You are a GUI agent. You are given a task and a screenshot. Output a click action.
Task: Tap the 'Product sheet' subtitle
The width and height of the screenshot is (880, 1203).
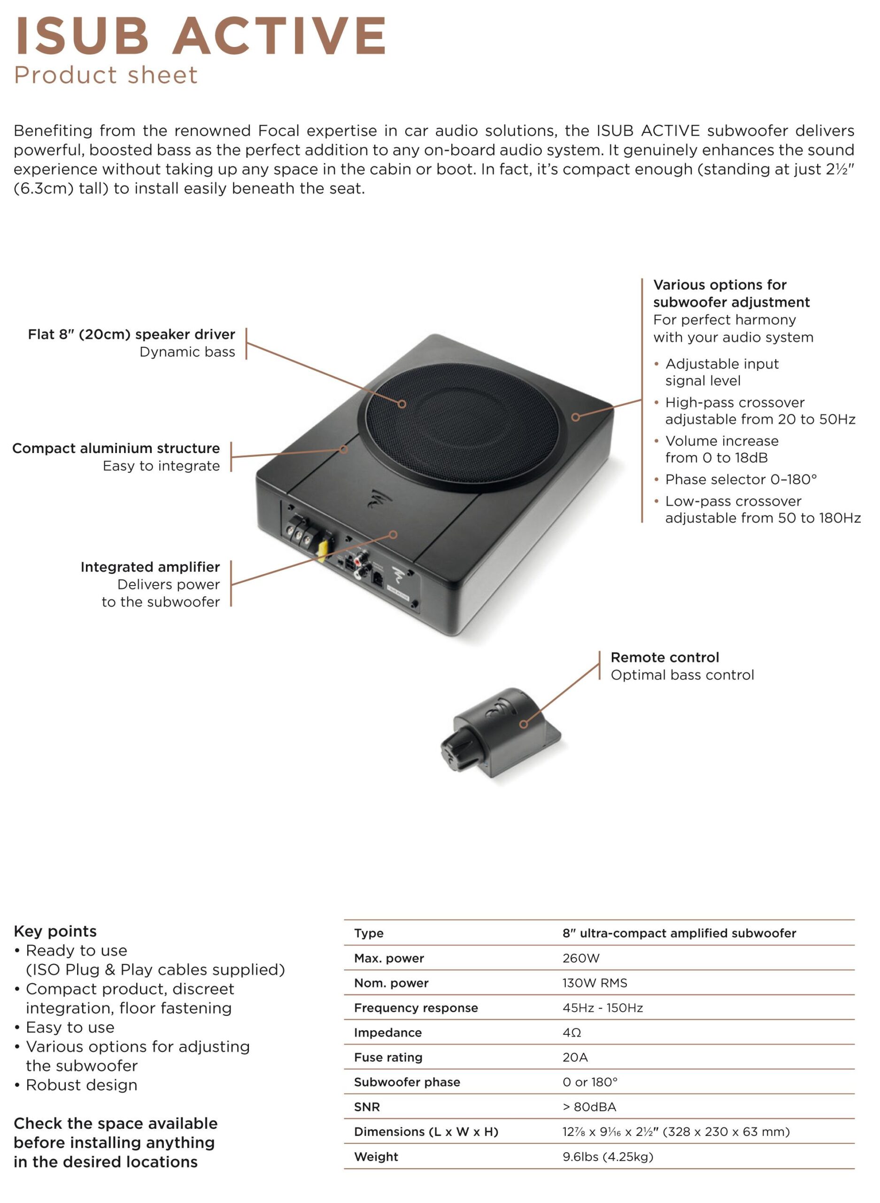coord(106,75)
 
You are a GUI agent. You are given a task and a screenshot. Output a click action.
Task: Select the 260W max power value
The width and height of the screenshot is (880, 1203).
coord(580,958)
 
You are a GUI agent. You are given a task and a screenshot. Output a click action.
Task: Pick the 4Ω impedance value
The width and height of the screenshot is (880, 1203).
coord(571,1032)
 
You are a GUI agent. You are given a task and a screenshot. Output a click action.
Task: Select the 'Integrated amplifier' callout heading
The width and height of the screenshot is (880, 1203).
coord(150,567)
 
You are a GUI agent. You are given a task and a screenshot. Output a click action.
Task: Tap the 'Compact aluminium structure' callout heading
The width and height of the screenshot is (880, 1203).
coord(116,448)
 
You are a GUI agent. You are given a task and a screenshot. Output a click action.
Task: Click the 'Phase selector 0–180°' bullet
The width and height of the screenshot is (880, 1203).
coord(741,479)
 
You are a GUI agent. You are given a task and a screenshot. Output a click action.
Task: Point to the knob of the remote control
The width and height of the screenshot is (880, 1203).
coord(457,751)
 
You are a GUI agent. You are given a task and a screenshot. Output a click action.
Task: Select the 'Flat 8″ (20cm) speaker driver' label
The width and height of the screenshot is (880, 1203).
coord(131,334)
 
